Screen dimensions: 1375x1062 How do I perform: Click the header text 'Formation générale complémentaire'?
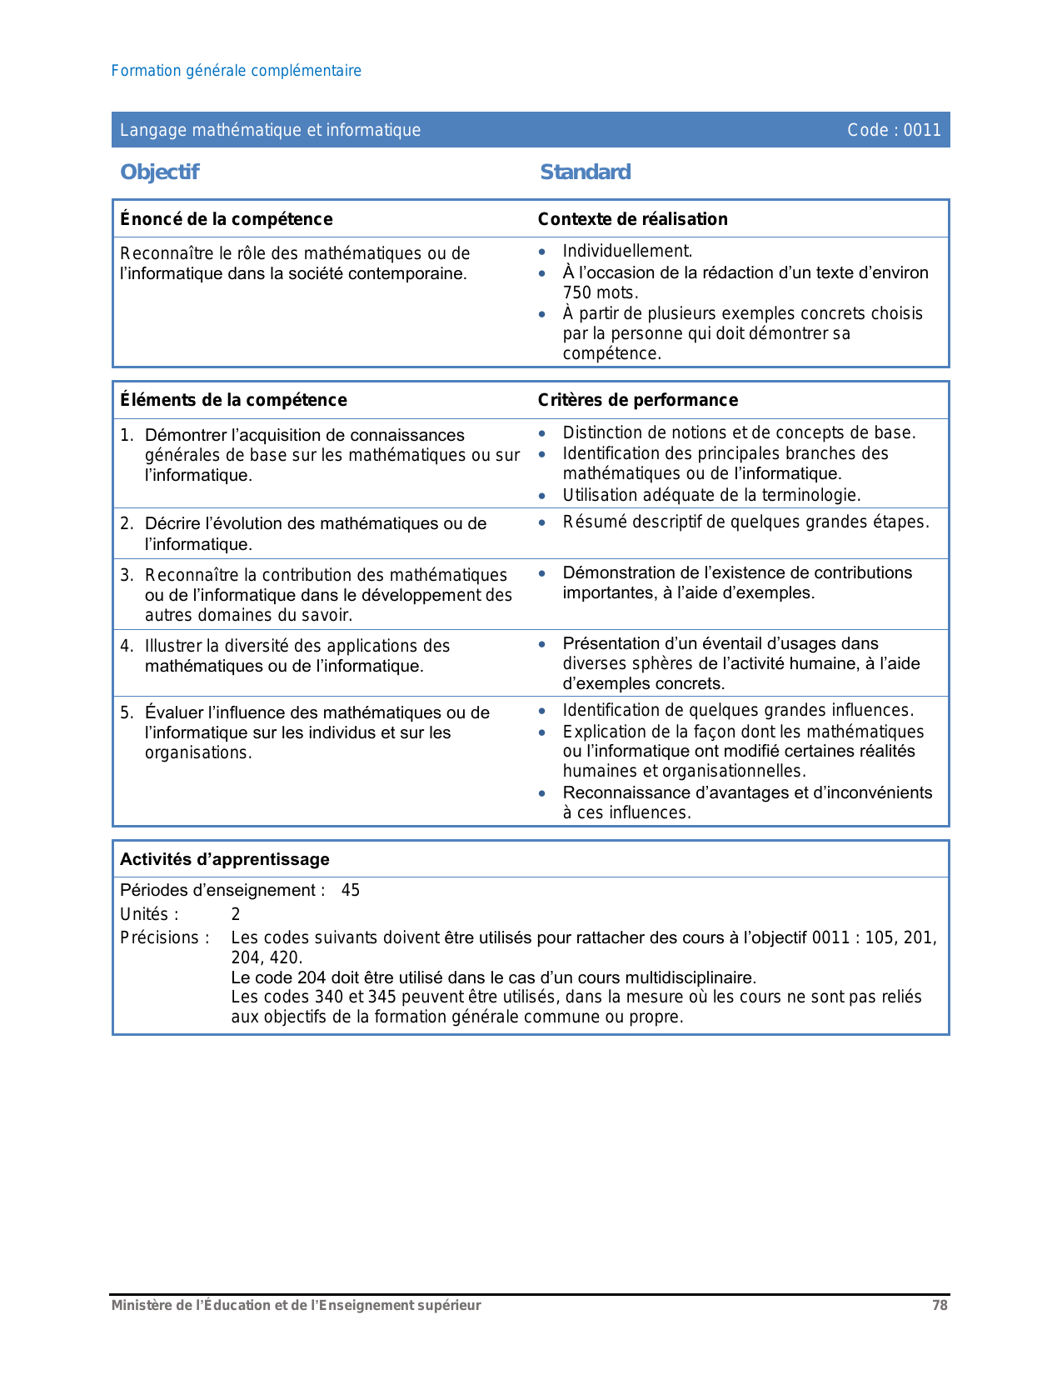(x=236, y=71)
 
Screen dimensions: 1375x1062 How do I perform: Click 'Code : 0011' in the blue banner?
(x=894, y=130)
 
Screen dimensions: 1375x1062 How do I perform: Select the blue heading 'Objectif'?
(x=159, y=172)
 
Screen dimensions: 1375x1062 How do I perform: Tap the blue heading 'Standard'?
(x=585, y=172)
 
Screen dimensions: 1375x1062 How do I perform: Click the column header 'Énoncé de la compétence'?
(x=226, y=219)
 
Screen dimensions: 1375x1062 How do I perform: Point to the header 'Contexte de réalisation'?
(x=632, y=219)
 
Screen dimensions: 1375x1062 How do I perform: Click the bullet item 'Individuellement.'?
(x=627, y=251)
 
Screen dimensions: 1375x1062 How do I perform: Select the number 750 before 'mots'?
(x=576, y=292)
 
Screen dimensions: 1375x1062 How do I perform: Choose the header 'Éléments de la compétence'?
(x=233, y=400)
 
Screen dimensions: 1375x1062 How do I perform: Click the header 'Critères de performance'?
(x=637, y=400)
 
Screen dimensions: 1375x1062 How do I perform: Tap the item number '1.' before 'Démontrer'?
(x=127, y=435)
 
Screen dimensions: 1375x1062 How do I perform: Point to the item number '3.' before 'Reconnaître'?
(x=127, y=575)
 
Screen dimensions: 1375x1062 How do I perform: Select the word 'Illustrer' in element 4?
(x=173, y=646)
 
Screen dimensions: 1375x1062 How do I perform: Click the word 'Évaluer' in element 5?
(x=173, y=712)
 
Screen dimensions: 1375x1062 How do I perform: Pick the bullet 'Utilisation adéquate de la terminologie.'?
(x=711, y=495)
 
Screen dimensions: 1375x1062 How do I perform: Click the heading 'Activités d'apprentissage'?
(x=225, y=859)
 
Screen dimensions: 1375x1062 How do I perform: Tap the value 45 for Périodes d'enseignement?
(x=351, y=890)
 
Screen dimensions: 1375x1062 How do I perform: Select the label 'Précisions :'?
(x=165, y=937)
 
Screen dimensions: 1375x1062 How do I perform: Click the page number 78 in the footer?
(x=940, y=1306)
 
